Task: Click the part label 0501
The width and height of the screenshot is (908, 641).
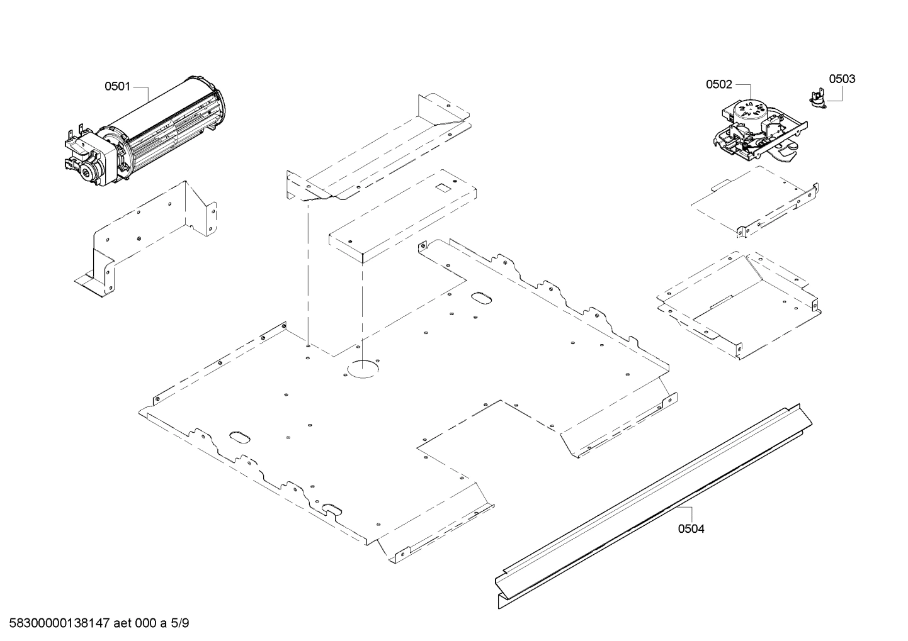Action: coord(117,86)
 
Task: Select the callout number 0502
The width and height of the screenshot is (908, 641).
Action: coord(718,84)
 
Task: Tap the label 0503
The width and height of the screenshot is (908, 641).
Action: coord(842,79)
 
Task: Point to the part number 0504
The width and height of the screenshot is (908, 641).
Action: coord(691,528)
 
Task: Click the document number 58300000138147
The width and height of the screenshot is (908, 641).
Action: coord(57,623)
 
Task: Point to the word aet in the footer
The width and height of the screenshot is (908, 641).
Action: coord(123,623)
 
